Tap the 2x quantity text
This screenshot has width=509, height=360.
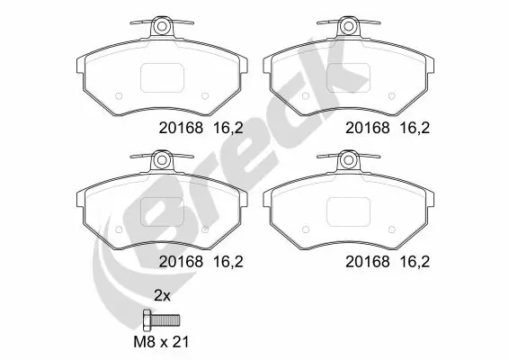click(x=161, y=294)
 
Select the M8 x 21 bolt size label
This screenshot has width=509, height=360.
click(x=163, y=342)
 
